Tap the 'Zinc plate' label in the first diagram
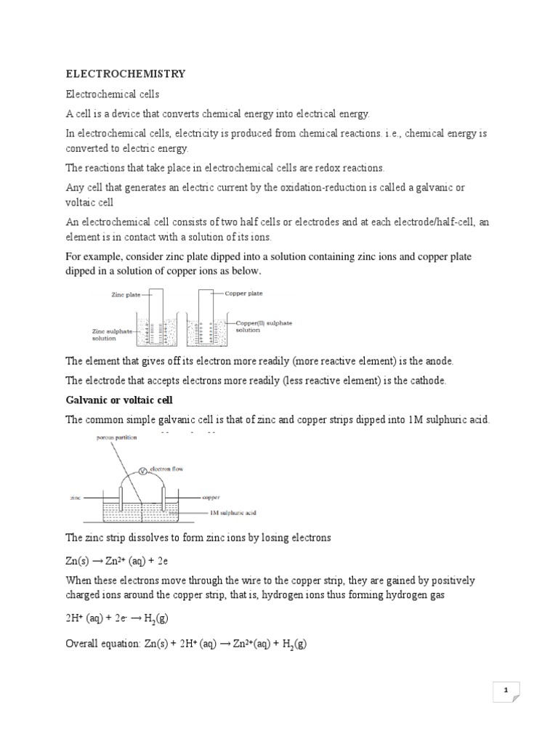pos(127,296)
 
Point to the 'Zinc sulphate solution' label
pos(111,333)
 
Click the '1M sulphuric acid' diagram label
pos(232,513)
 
